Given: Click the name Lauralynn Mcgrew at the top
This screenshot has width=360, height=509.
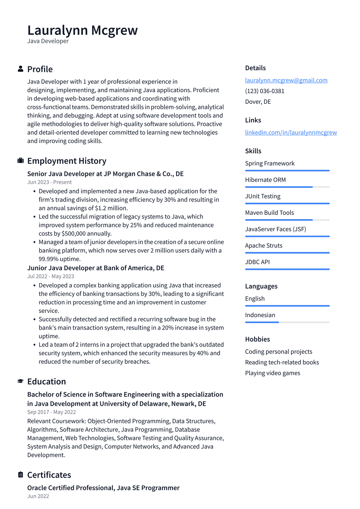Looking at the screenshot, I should point(82,31).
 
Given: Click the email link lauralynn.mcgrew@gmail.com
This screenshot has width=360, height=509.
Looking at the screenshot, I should point(286,80).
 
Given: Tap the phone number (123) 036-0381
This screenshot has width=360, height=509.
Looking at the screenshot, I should point(265,91).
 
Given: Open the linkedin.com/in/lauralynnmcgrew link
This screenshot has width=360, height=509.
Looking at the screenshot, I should point(291,133).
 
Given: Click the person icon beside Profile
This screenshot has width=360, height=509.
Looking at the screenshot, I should point(21,69).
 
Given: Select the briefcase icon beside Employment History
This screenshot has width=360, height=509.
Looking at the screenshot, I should point(21,161).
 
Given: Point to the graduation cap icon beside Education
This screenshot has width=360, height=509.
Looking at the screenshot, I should point(21,381).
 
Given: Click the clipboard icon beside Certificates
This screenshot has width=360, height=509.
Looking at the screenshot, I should point(21,475).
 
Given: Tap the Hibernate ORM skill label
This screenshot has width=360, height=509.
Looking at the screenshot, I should point(265,180).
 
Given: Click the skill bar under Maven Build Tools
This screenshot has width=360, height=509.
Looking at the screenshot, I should point(287,220).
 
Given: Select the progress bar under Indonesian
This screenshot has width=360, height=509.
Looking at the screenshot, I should point(287,322).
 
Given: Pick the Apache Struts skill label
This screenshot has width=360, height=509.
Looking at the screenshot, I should point(264,246).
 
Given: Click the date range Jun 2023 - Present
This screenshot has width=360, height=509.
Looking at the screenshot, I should point(50,182).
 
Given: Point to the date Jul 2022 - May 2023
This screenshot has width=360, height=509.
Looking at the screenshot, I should point(51,276).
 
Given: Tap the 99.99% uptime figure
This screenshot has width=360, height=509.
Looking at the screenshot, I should point(59,259).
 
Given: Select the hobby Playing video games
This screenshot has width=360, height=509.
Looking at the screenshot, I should point(272,373).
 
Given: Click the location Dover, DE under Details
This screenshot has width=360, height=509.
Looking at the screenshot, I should point(258,102).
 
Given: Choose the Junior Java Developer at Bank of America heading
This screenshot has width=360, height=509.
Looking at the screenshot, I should point(96,268).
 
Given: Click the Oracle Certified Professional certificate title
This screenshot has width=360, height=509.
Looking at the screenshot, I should point(103,488).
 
